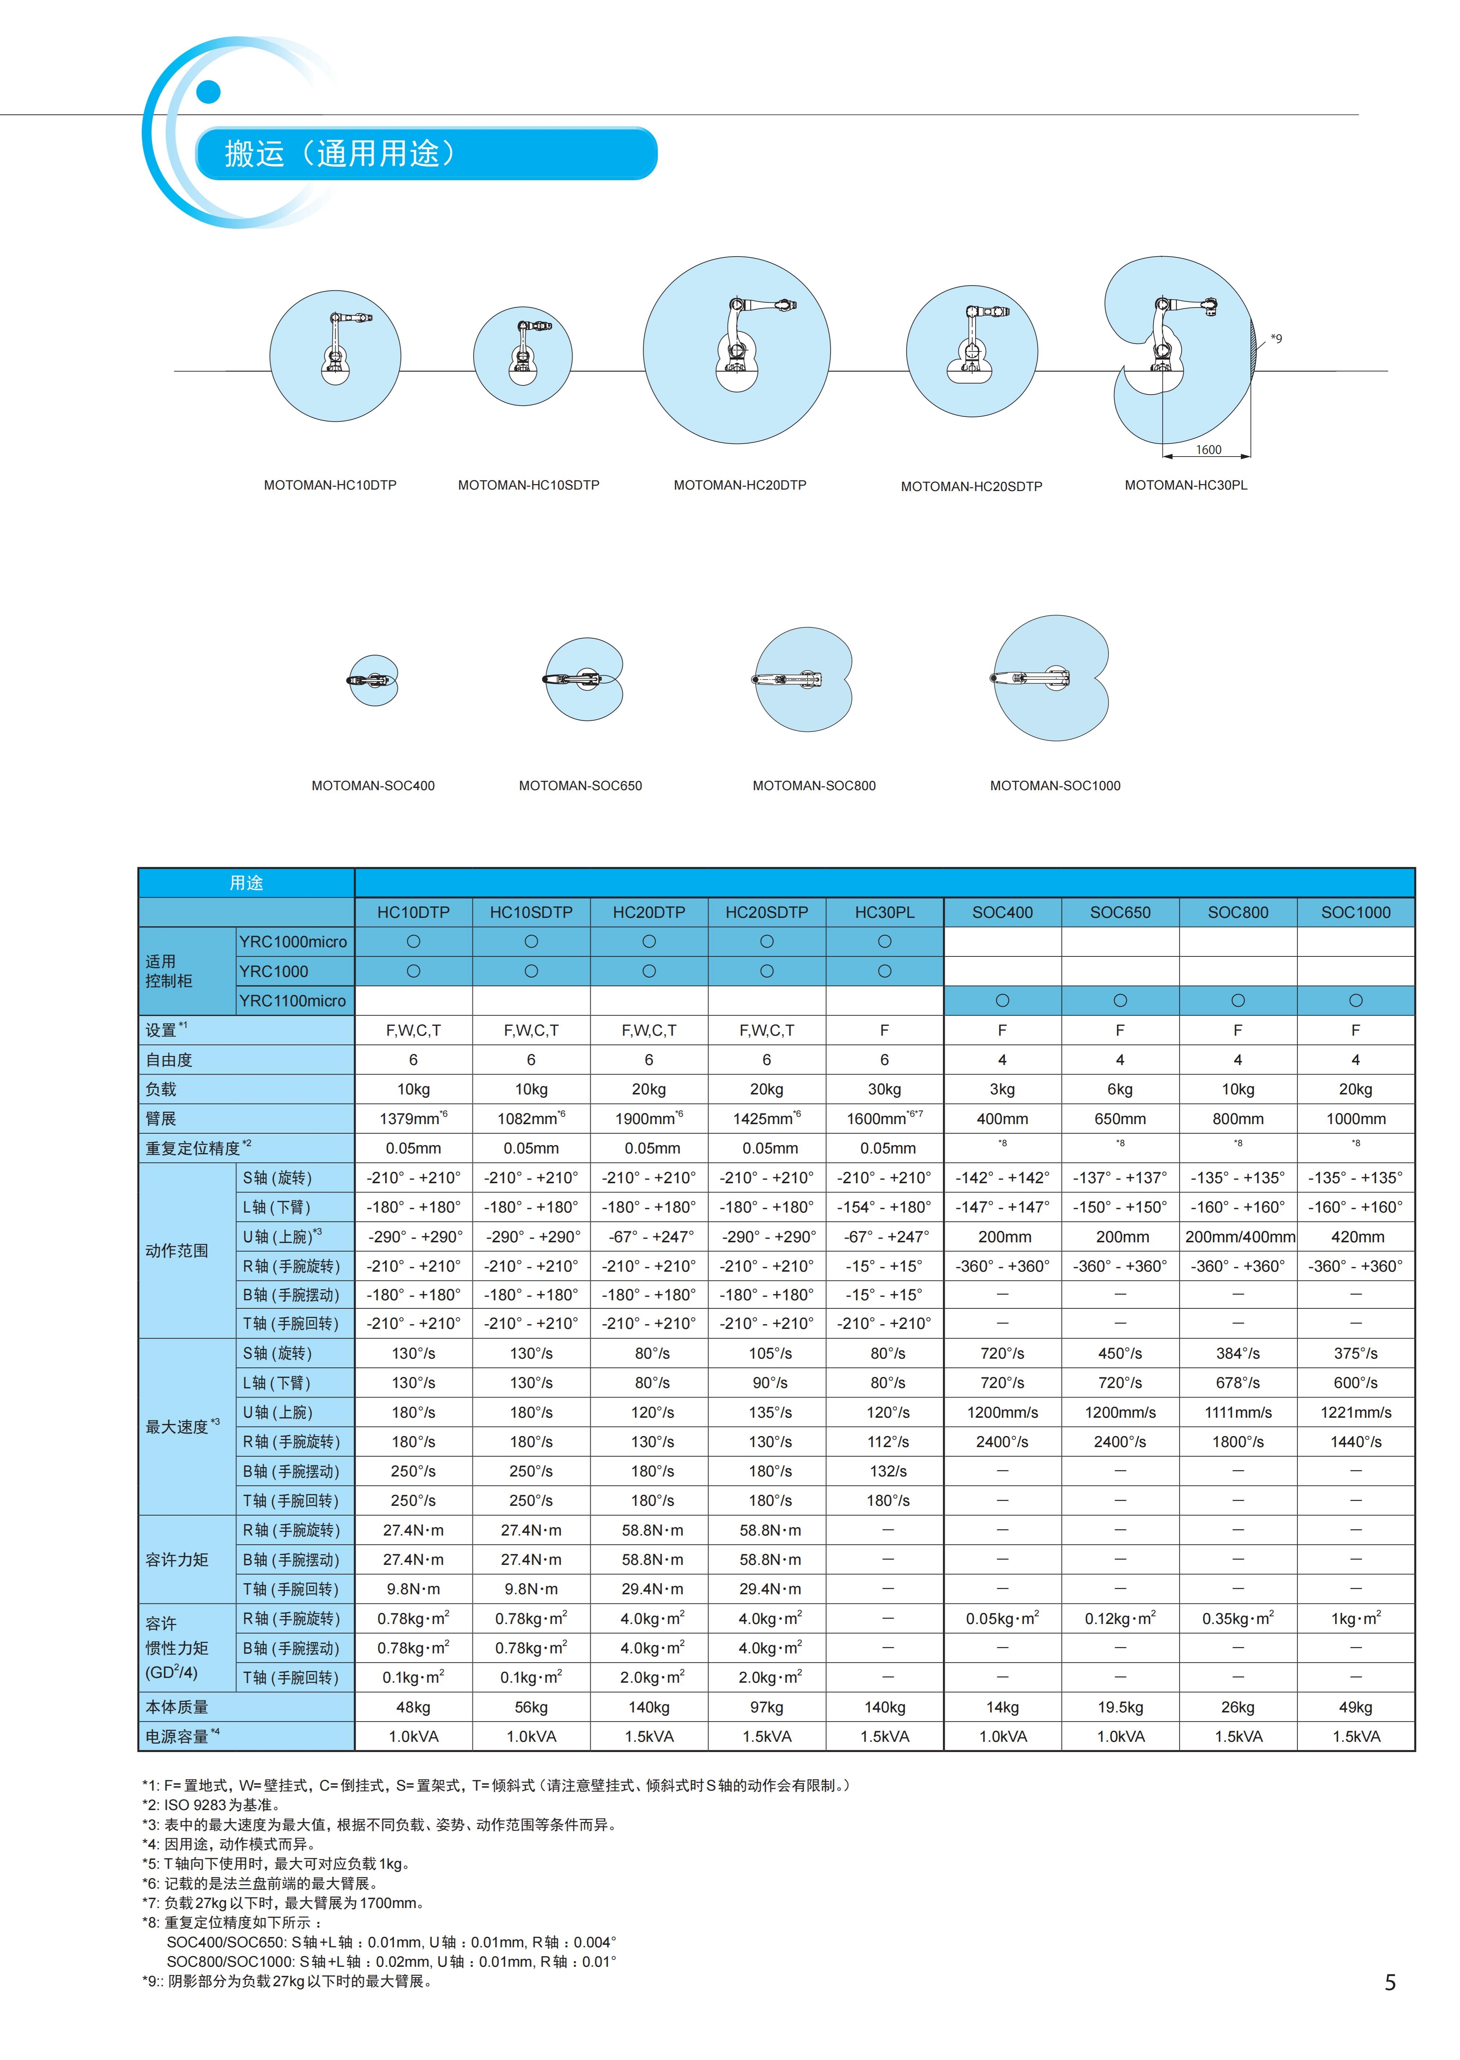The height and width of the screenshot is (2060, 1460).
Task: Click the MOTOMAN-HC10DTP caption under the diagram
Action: click(330, 485)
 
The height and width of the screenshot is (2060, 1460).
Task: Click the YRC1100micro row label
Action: click(292, 1000)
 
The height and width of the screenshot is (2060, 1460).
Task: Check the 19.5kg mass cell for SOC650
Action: click(1120, 1707)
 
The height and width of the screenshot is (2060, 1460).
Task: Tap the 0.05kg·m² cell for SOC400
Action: click(1002, 1619)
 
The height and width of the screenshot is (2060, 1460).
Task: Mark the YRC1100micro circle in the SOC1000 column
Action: click(1356, 1000)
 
